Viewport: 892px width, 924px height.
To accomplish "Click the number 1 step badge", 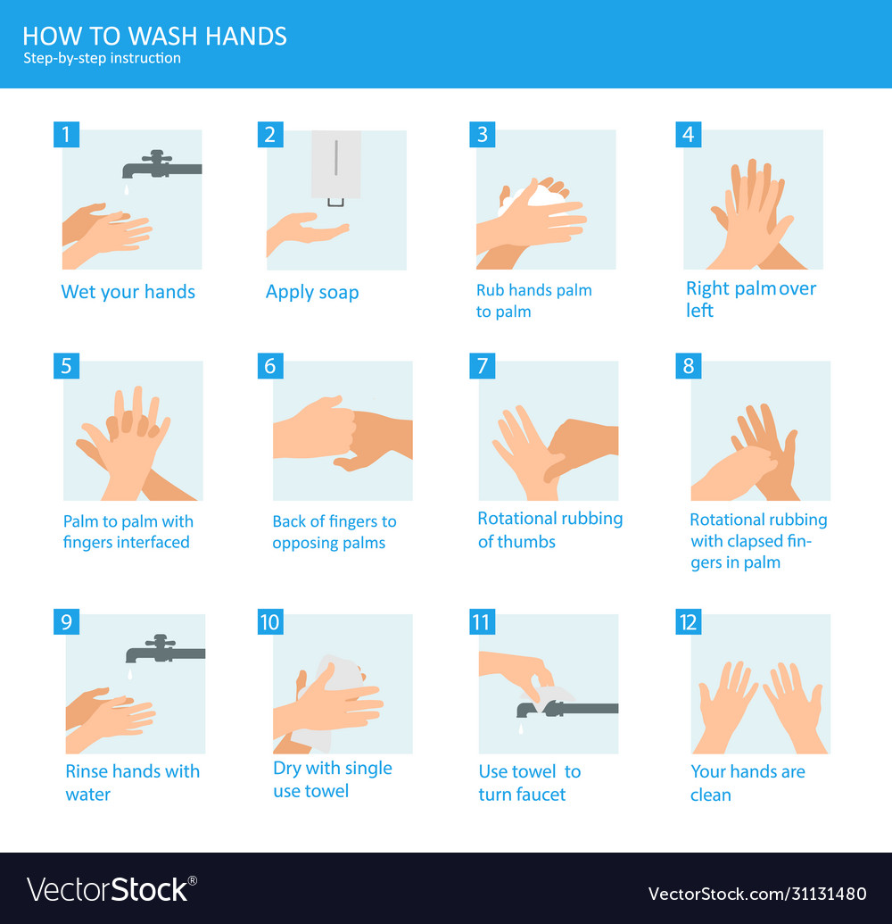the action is (x=65, y=135).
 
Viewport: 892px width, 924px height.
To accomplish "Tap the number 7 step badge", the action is (x=482, y=366).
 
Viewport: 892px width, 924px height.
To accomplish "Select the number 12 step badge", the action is (x=688, y=621).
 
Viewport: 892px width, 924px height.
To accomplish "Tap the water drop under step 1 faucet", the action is (x=127, y=191).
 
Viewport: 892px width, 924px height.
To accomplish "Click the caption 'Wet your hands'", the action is (x=128, y=292).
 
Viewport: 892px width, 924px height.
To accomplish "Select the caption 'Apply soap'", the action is (x=312, y=293).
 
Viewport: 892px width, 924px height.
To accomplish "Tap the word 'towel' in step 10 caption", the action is (x=326, y=791).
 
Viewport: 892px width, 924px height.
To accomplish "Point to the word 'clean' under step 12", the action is (x=710, y=795).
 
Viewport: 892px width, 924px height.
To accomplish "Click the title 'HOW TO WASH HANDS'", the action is (x=154, y=36).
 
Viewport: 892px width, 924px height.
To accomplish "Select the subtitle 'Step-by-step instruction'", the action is (x=102, y=58).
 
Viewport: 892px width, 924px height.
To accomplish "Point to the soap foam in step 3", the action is (x=541, y=195).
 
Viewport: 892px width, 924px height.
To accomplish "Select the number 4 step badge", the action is (x=688, y=135).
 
